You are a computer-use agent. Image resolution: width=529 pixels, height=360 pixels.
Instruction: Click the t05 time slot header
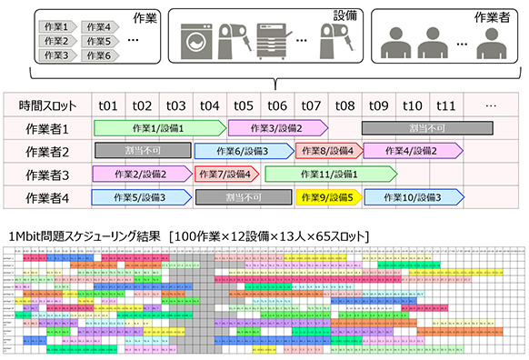[x=244, y=105]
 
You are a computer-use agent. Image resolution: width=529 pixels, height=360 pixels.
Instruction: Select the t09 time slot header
[x=379, y=105]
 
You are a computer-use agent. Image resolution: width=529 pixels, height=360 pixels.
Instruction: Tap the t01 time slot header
[x=108, y=105]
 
